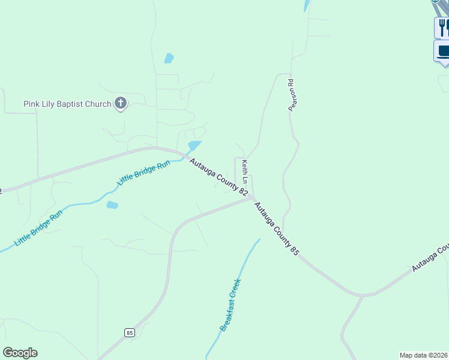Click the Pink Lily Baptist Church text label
click(x=67, y=104)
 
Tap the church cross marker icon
click(x=121, y=103)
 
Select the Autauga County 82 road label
click(x=218, y=176)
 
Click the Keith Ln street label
click(x=245, y=171)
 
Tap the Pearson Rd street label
click(x=291, y=94)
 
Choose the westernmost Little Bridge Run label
click(x=38, y=229)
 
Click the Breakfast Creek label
click(x=231, y=304)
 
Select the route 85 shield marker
click(x=130, y=332)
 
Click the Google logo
click(x=20, y=353)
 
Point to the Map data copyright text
click(x=424, y=355)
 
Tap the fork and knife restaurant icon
click(x=443, y=27)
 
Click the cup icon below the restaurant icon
click(x=443, y=51)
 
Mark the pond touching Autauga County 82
click(x=193, y=146)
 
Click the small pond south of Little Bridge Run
click(x=112, y=205)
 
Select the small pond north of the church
click(x=169, y=58)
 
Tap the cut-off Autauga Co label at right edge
click(x=431, y=257)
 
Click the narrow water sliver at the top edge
click(x=308, y=5)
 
